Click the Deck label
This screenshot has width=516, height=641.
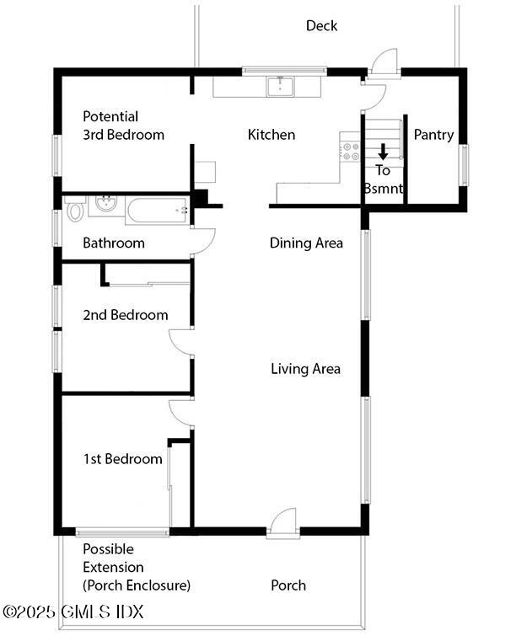321,26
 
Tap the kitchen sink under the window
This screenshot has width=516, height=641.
279,86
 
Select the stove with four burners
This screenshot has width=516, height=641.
350,151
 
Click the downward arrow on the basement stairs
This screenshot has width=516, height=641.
383,152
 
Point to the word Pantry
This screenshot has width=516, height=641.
433,135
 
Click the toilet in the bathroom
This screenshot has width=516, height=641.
76,208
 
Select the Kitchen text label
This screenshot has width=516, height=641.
271,135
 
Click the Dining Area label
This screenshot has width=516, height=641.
306,243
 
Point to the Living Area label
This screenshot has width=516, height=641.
305,369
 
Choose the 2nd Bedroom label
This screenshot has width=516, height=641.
125,315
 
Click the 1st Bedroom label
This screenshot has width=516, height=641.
122,459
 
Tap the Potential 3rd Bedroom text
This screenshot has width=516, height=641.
123,126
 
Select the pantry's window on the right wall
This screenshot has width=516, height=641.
464,163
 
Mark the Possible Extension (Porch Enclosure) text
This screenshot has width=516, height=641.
136,567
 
